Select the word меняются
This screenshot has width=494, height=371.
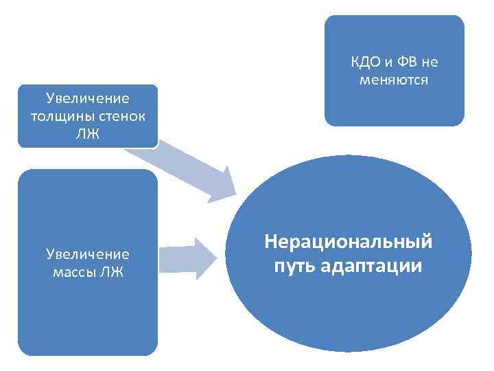(395, 80)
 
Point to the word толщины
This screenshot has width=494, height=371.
(60, 115)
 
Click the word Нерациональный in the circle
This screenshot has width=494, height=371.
(348, 243)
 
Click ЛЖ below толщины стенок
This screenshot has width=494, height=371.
(87, 133)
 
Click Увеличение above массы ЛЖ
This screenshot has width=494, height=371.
(87, 254)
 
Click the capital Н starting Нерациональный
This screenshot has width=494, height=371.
(270, 243)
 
